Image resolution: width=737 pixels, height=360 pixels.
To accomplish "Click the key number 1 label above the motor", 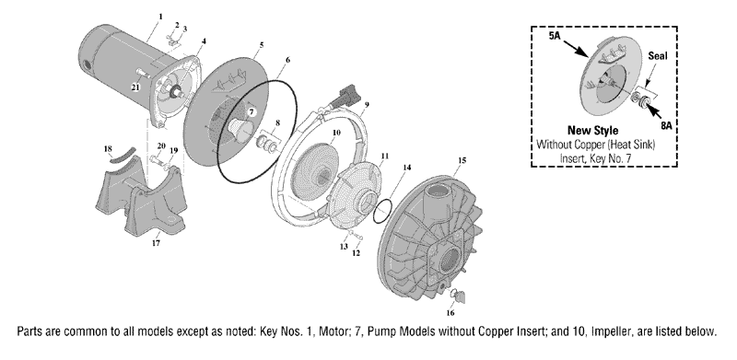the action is [x=160, y=17].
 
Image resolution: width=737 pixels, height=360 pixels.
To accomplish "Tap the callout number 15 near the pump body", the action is [x=462, y=160].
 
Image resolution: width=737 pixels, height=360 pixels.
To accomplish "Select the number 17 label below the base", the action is [x=156, y=243].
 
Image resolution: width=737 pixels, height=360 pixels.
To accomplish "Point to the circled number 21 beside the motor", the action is [x=135, y=87].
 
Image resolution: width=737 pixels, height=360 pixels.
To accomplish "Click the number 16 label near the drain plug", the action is [x=450, y=312].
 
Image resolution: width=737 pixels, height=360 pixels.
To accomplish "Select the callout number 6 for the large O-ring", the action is [x=287, y=60].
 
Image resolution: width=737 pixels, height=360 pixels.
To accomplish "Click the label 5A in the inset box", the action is [x=556, y=36].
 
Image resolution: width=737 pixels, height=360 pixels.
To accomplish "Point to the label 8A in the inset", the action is [x=666, y=126].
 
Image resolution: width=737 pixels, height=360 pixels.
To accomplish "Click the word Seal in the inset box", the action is [x=658, y=56].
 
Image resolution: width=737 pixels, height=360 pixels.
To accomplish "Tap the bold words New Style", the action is [x=592, y=130].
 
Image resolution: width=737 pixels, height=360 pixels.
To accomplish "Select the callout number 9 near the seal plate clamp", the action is [x=367, y=102].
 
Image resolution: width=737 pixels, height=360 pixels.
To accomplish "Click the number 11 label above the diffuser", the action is [x=385, y=155].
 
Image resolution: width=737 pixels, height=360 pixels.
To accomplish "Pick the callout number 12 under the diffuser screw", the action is [x=356, y=253].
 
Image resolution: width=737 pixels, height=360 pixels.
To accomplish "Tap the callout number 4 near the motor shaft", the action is [x=204, y=41].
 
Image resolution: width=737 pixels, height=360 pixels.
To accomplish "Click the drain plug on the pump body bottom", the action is [x=458, y=296].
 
